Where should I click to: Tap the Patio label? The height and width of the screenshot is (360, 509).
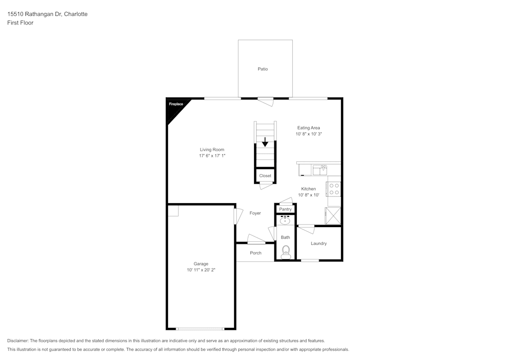click(263, 69)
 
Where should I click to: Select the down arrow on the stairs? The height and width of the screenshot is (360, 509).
click(265, 142)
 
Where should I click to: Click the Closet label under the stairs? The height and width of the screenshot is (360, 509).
click(265, 176)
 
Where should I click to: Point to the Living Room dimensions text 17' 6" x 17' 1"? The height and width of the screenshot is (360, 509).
click(212, 156)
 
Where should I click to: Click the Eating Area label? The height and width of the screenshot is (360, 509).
click(308, 128)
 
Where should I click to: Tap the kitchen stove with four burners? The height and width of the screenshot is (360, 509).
click(334, 189)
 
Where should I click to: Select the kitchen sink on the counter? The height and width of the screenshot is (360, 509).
click(320, 169)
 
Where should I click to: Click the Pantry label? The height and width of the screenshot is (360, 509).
click(286, 209)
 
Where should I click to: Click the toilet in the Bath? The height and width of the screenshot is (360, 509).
click(286, 251)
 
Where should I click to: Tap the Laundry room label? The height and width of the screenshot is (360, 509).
click(319, 243)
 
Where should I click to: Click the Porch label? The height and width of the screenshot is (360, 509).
click(256, 253)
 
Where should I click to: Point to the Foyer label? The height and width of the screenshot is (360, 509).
click(255, 213)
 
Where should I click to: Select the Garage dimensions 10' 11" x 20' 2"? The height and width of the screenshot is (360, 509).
click(201, 270)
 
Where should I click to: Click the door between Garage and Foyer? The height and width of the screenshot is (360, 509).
click(236, 215)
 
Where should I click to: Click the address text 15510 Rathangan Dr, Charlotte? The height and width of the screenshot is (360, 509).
click(47, 14)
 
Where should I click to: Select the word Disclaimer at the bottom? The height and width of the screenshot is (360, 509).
click(18, 341)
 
